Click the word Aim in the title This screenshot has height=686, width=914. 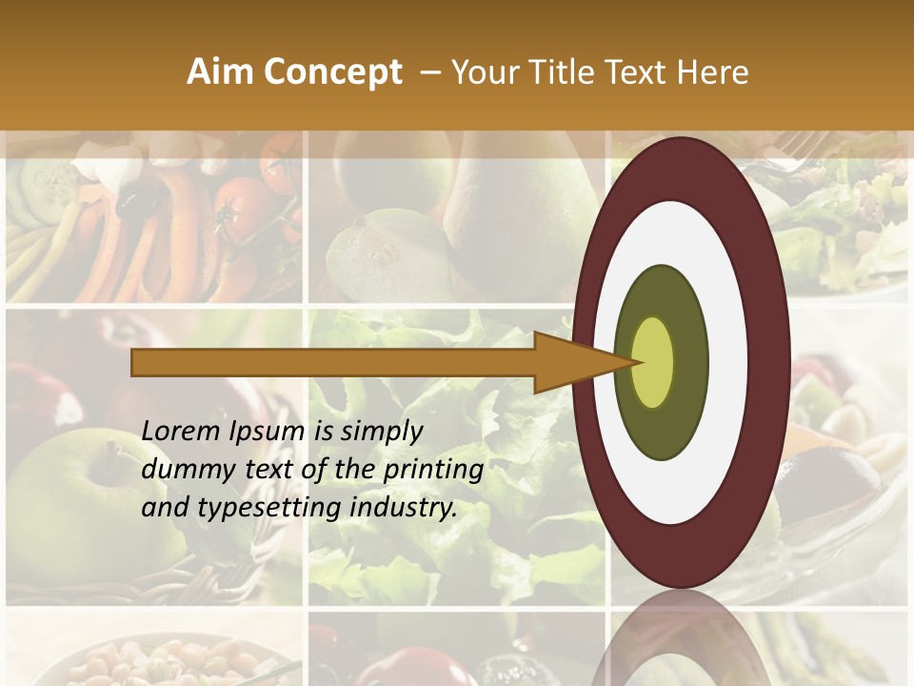pos(219,72)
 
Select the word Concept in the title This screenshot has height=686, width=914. pos(332,72)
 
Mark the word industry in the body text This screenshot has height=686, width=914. pos(404,508)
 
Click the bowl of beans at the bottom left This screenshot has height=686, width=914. pos(143,662)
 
